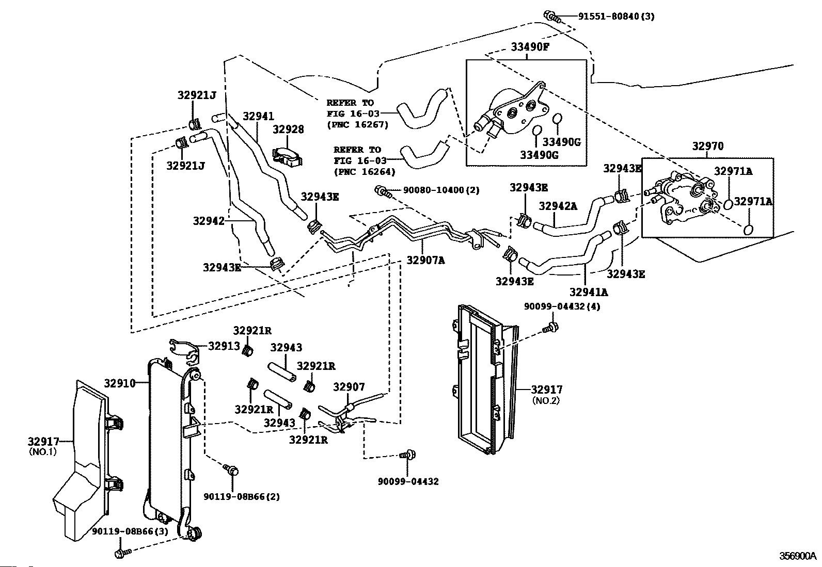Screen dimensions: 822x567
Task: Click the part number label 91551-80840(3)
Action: pyautogui.click(x=616, y=17)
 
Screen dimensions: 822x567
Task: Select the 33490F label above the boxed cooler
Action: pyautogui.click(x=530, y=47)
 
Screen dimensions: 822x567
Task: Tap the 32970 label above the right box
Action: pyautogui.click(x=708, y=146)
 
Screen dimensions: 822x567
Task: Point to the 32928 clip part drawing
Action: pyautogui.click(x=288, y=156)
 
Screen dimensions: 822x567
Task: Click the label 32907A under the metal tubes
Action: pyautogui.click(x=425, y=260)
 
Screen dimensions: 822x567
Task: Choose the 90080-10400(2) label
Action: pyautogui.click(x=441, y=190)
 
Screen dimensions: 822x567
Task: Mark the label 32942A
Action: pyautogui.click(x=558, y=206)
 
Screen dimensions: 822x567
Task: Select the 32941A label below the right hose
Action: pyautogui.click(x=589, y=292)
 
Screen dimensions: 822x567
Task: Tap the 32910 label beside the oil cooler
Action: pyautogui.click(x=120, y=383)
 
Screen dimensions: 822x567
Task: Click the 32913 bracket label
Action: pyautogui.click(x=224, y=346)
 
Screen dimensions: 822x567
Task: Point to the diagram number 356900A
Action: pyautogui.click(x=797, y=556)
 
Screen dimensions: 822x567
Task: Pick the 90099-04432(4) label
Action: pyautogui.click(x=562, y=306)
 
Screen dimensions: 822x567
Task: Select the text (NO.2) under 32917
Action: pyautogui.click(x=546, y=400)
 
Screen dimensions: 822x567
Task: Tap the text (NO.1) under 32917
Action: pyautogui.click(x=43, y=451)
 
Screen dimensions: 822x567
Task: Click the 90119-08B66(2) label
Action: pyautogui.click(x=242, y=497)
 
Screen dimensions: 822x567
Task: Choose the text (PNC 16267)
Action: pyautogui.click(x=357, y=124)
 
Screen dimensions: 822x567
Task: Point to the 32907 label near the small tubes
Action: pyautogui.click(x=349, y=386)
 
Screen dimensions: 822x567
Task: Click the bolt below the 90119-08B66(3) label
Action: pyautogui.click(x=123, y=553)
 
